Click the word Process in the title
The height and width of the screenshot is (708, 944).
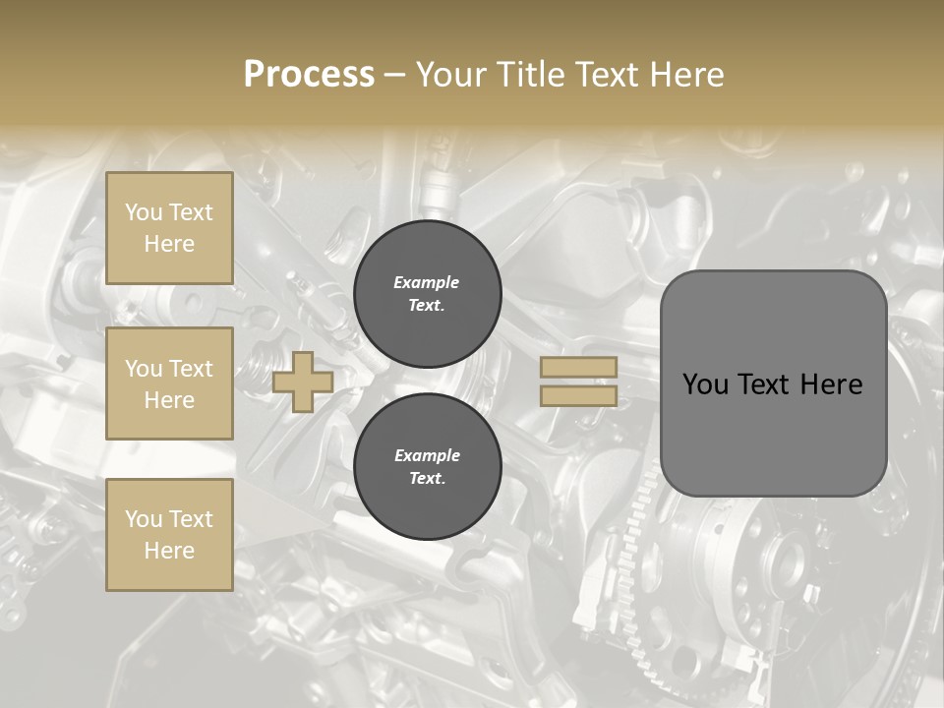coord(309,75)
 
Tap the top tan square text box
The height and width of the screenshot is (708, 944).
coord(169,228)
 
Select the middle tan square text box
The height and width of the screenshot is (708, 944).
coord(169,383)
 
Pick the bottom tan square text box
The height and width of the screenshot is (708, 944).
coord(169,535)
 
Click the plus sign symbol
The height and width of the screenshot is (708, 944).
coord(302,383)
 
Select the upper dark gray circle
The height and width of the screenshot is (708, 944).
coord(427,294)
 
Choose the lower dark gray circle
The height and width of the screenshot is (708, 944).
coord(427,466)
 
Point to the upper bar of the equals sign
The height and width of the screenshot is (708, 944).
coord(578,368)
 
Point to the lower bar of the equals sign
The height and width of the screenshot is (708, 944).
coord(578,396)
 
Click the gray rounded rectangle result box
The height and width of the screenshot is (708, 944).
coord(773,383)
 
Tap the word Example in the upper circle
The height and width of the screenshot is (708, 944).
coord(427,282)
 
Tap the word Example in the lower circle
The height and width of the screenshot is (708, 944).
coord(427,455)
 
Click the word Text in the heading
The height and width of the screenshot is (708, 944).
coord(608,75)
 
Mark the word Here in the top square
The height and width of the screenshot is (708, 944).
coord(169,244)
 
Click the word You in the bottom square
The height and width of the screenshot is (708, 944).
coord(144,519)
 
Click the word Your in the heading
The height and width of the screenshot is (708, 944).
coord(449,75)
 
